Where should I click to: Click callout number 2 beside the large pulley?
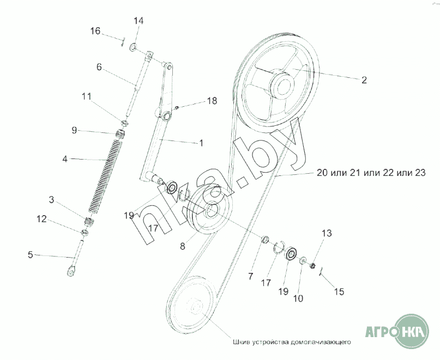[x=364, y=80]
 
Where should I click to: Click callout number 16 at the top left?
[x=95, y=32]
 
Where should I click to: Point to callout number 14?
[x=138, y=21]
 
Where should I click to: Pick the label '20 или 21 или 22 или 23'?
[x=370, y=173]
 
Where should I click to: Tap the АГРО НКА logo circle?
[x=413, y=330]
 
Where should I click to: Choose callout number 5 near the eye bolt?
[x=31, y=254]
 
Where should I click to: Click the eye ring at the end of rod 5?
[x=71, y=270]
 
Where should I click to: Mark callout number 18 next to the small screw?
[x=212, y=101]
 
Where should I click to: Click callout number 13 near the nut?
[x=326, y=234]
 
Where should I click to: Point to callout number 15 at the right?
[x=339, y=292]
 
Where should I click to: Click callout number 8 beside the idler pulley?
[x=183, y=246]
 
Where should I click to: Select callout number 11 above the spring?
[x=86, y=96]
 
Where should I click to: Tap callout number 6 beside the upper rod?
[x=99, y=67]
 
